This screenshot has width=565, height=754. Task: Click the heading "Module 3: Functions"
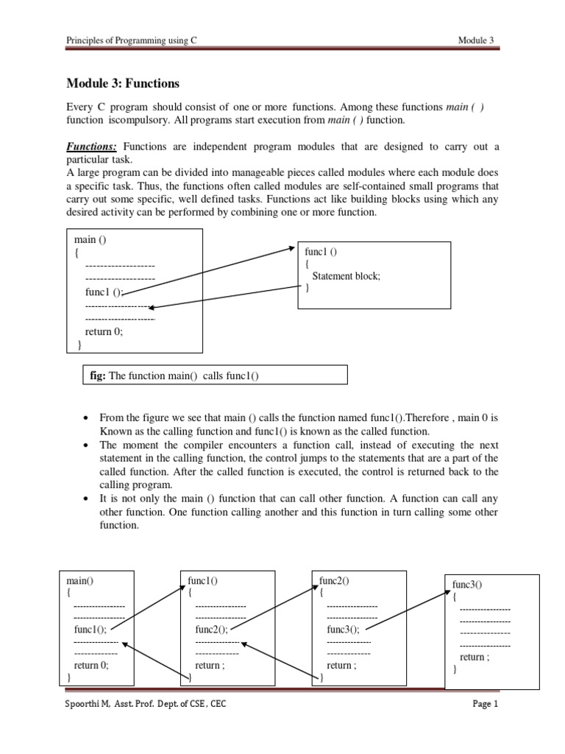click(123, 84)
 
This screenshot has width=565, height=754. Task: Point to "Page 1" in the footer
click(486, 704)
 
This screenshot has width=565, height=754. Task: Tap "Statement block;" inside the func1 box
click(347, 276)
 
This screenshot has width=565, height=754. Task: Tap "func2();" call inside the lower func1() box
click(211, 630)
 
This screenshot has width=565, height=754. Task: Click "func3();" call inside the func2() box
click(344, 630)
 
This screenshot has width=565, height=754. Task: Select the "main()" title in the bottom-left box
click(81, 580)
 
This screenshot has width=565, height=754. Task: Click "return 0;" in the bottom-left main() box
click(91, 665)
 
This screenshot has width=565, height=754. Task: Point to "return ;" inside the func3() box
click(475, 657)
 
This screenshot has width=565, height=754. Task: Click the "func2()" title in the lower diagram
click(333, 580)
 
